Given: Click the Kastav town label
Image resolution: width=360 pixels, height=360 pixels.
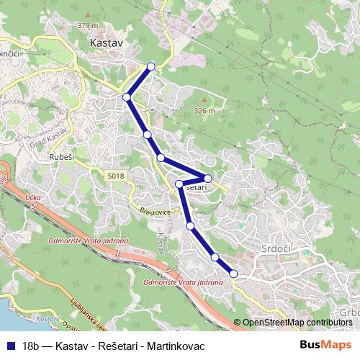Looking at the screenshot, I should (107, 43).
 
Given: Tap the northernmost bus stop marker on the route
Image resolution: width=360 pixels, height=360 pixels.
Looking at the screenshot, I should (151, 67).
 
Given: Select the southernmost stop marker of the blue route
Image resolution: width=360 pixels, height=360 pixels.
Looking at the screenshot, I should (233, 273).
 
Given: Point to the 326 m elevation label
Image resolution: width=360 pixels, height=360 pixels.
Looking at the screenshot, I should (204, 111).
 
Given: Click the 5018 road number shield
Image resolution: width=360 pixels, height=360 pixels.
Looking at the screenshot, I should (115, 175).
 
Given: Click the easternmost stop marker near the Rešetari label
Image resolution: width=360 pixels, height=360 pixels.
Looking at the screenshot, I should (207, 178).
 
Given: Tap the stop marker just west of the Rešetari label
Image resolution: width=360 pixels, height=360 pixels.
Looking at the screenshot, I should (179, 184).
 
